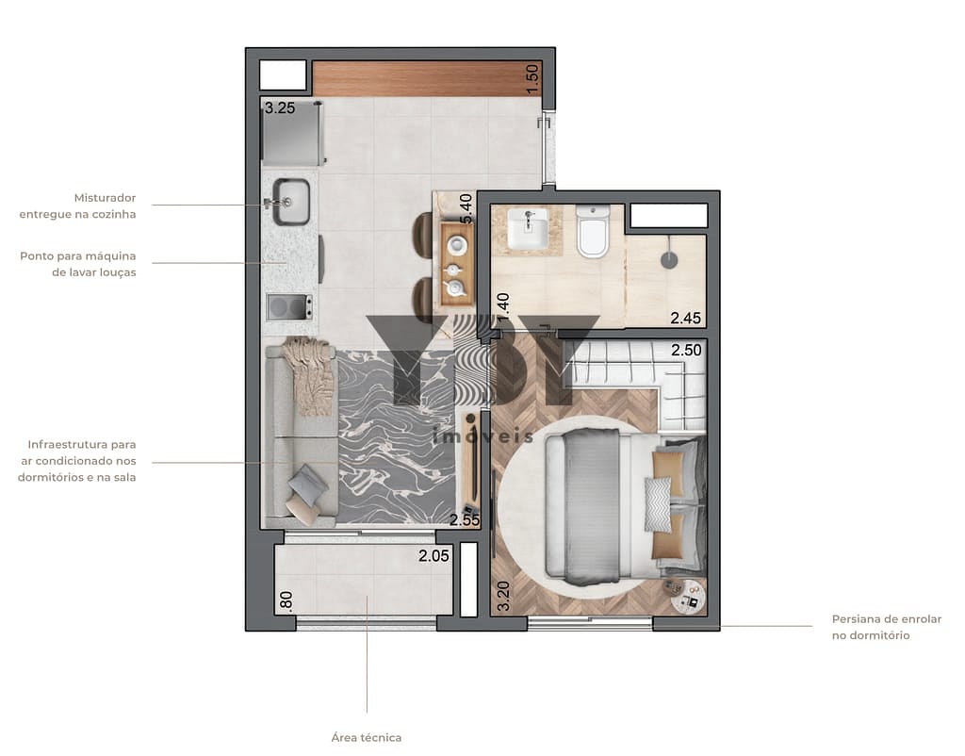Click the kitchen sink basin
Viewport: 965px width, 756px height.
tap(291, 202)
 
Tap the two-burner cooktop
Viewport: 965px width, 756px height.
tap(289, 306)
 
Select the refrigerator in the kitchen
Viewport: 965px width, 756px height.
tap(292, 134)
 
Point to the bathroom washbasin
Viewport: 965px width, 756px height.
tap(528, 229)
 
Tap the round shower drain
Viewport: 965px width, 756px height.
tap(669, 260)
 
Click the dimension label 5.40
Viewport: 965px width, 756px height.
tap(466, 209)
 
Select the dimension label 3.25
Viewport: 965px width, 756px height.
tap(280, 108)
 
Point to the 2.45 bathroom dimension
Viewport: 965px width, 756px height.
tap(686, 318)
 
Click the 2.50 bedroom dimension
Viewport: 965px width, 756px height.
tap(686, 350)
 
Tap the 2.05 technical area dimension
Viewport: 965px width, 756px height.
tap(433, 556)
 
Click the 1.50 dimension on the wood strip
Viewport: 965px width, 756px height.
tap(532, 79)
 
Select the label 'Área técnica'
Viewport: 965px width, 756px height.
tap(367, 737)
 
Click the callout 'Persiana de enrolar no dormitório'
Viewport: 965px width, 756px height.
tap(886, 628)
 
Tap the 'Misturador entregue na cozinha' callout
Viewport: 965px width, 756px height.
tap(77, 205)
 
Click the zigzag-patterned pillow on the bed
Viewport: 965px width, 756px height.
tap(657, 504)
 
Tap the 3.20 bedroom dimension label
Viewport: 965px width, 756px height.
tap(503, 596)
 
